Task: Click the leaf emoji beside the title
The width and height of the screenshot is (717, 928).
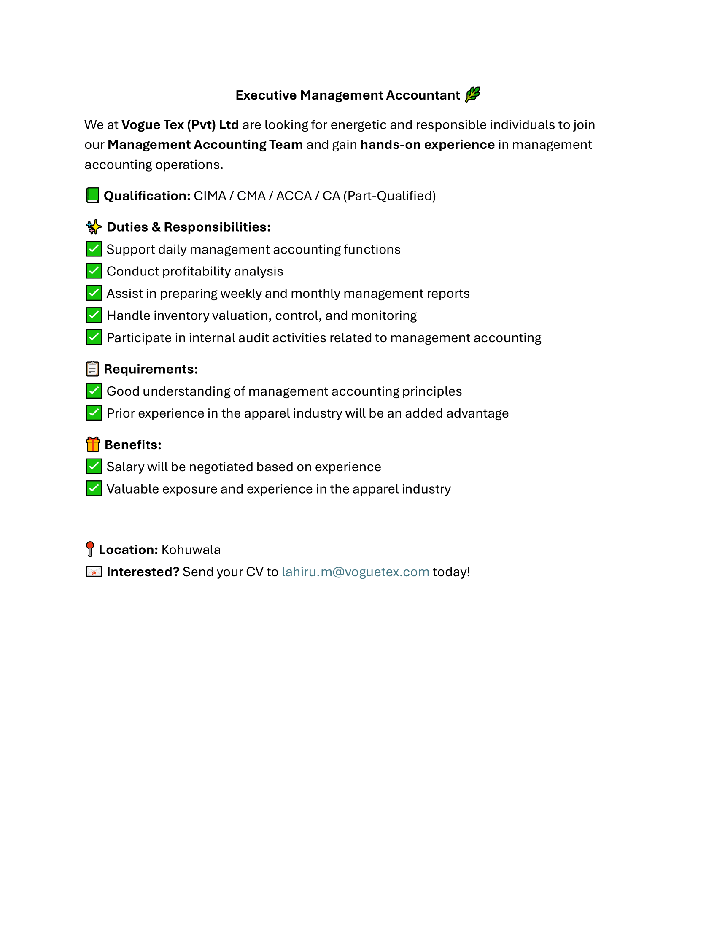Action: click(472, 94)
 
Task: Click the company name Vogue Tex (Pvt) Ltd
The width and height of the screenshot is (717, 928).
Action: click(180, 125)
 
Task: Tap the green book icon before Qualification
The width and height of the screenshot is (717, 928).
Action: click(92, 195)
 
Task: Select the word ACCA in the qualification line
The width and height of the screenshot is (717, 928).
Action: click(294, 196)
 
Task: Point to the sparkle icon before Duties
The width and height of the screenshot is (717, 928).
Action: click(94, 227)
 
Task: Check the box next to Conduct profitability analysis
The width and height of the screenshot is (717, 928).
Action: click(94, 271)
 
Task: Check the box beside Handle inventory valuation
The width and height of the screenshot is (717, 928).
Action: click(94, 315)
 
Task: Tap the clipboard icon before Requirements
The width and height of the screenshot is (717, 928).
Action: click(92, 369)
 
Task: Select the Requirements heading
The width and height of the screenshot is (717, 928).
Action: click(151, 369)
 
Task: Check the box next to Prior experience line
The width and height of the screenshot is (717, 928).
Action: click(94, 413)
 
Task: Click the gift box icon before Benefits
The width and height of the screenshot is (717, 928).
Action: click(93, 445)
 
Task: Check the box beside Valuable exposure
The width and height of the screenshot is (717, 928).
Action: click(94, 488)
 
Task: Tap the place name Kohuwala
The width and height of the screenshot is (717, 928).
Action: click(191, 550)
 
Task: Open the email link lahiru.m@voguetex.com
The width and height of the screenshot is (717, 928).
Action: click(355, 572)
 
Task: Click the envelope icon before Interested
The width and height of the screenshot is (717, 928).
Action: click(94, 572)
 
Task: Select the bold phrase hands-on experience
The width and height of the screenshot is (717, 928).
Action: click(427, 145)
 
